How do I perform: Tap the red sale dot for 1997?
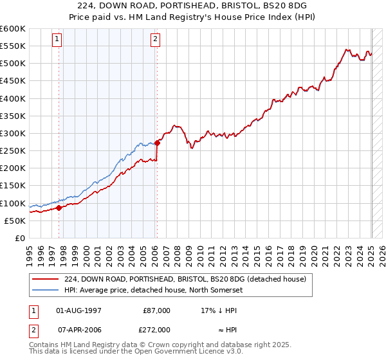(x=59, y=208)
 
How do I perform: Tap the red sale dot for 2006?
(x=157, y=143)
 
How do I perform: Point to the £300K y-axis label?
(x=13, y=133)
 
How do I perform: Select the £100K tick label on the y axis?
(x=13, y=203)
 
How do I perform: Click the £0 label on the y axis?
(x=19, y=238)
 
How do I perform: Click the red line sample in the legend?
(x=45, y=278)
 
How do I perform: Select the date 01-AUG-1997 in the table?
(x=79, y=310)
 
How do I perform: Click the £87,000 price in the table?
(x=156, y=310)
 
